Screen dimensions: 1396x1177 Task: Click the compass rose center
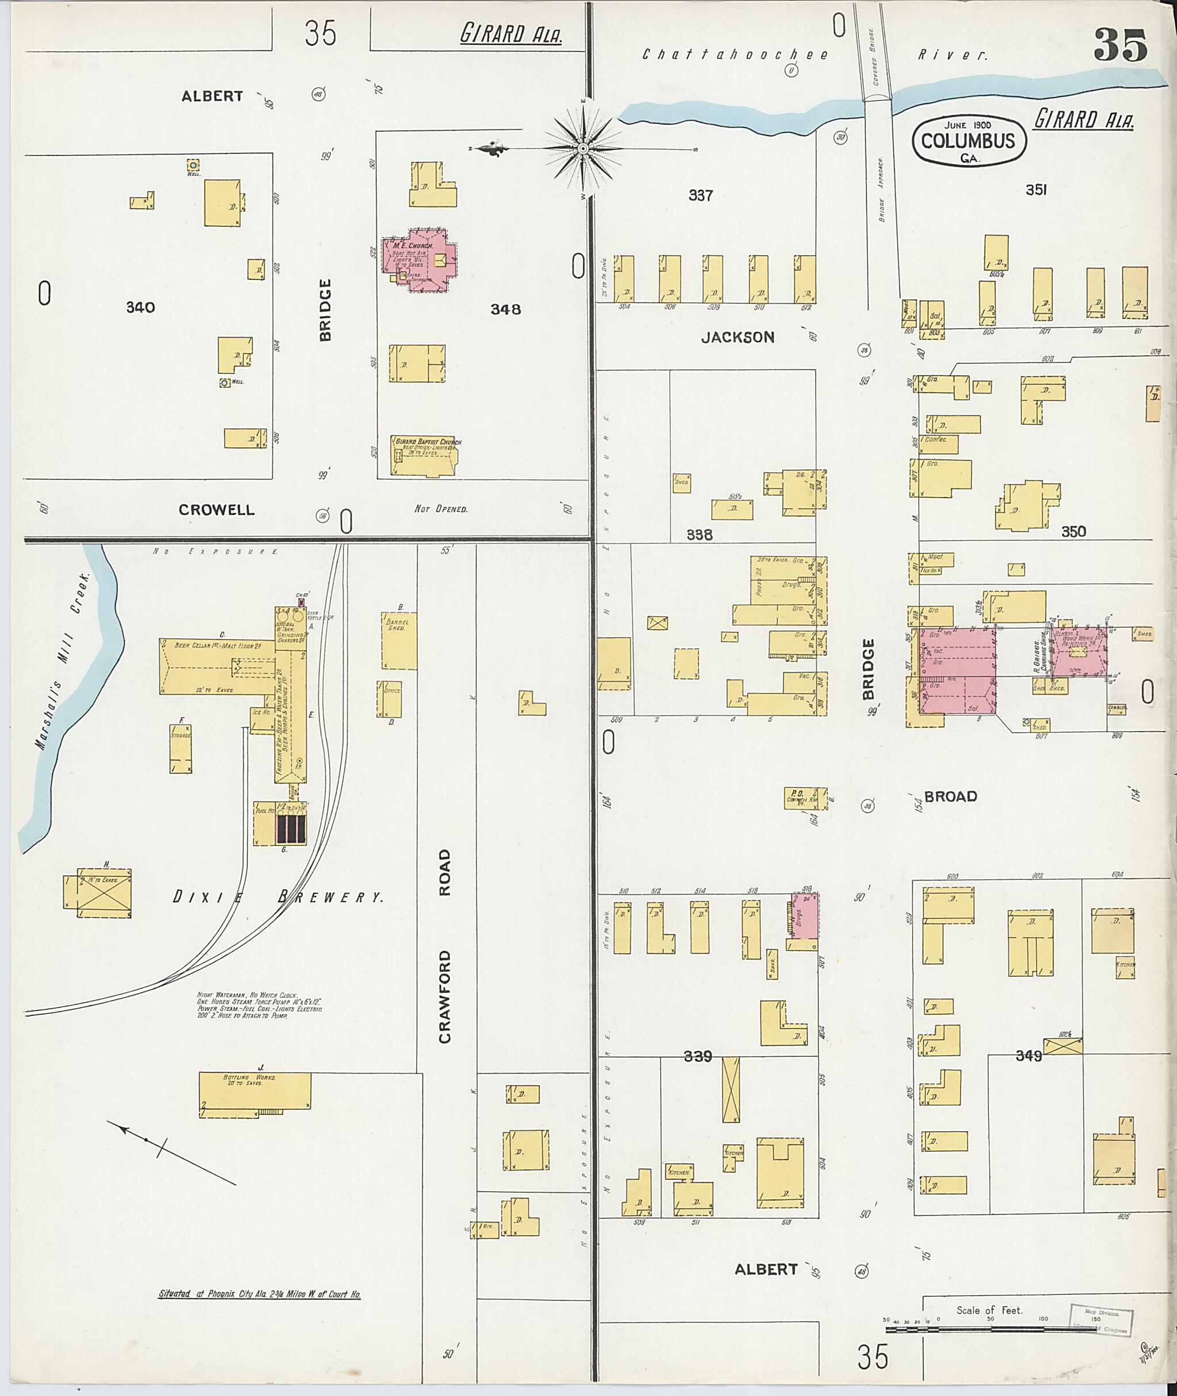click(x=583, y=148)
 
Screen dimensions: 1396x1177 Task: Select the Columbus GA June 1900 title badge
click(x=968, y=140)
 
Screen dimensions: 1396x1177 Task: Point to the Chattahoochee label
click(x=734, y=55)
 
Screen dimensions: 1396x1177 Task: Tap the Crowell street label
click(x=216, y=510)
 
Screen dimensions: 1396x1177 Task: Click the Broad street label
click(x=951, y=796)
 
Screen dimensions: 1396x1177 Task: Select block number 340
click(x=140, y=307)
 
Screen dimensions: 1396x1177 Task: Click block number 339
click(x=698, y=1056)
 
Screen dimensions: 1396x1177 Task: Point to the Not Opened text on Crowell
click(x=440, y=509)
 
